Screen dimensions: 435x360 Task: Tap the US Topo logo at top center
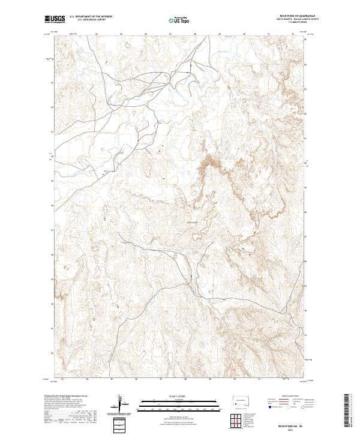click(179, 20)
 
